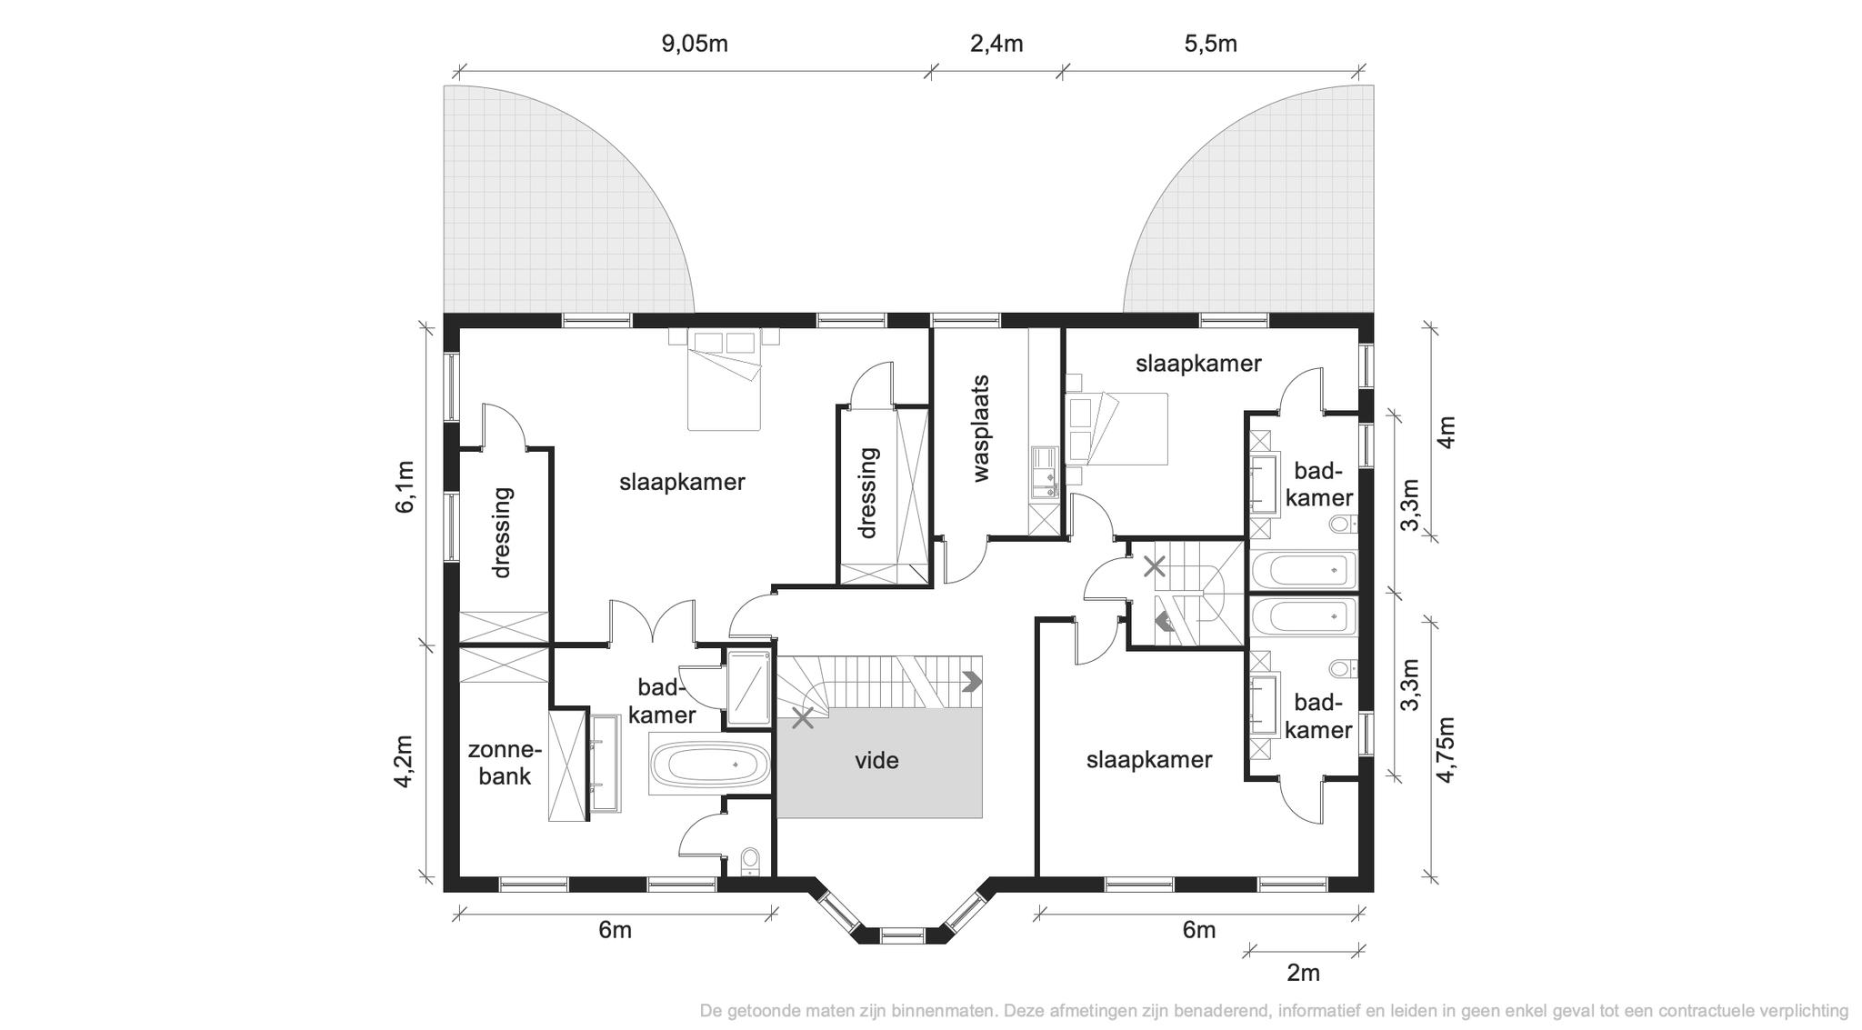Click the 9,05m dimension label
tap(695, 44)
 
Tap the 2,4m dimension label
tap(996, 44)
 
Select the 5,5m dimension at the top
tap(1210, 44)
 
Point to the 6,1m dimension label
tap(405, 487)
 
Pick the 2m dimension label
tap(1303, 973)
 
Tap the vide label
tap(876, 760)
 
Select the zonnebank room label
tap(505, 764)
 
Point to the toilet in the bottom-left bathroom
tap(750, 859)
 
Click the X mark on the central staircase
tap(802, 718)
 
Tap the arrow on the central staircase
tap(973, 681)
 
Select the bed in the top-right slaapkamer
tap(1116, 428)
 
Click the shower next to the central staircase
tap(750, 688)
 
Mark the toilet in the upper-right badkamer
tap(1343, 525)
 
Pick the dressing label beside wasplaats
tap(868, 493)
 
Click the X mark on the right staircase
tap(1154, 567)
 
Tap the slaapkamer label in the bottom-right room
tap(1149, 760)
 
